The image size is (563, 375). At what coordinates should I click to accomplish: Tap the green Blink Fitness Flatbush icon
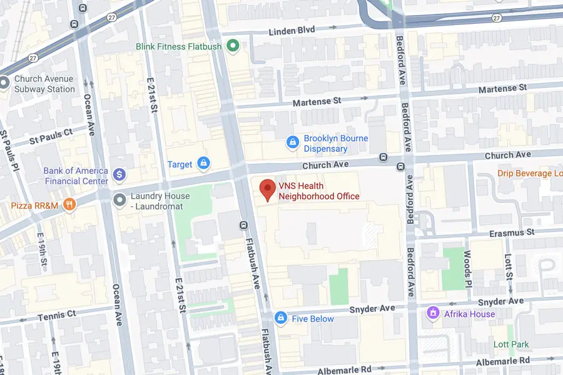pos(233,46)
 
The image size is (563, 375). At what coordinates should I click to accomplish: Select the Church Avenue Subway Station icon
pos(5,82)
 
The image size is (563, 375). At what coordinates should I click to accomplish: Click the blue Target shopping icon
pos(203,164)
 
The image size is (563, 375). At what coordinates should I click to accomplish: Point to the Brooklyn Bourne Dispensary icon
pos(292,143)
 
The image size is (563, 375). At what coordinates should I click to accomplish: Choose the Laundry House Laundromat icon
pos(119,200)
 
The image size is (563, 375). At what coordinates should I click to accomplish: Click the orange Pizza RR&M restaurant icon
pos(70,204)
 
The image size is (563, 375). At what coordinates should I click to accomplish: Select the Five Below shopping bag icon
pos(281,318)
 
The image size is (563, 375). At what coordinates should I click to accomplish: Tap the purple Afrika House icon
pos(432,313)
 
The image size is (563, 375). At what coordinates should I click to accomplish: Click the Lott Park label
pos(510,344)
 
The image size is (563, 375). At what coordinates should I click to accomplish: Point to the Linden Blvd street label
pos(294,31)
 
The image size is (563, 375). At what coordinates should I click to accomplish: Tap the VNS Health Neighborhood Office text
pos(319,191)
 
